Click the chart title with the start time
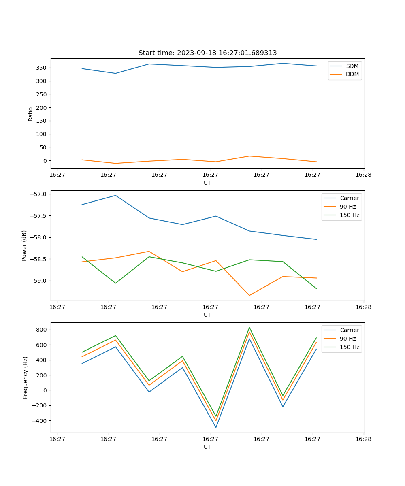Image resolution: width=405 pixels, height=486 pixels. [x=207, y=53]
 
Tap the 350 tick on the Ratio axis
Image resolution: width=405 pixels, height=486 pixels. [x=41, y=68]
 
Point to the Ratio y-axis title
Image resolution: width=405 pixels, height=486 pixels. [x=31, y=114]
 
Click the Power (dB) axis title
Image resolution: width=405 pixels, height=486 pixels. [x=24, y=245]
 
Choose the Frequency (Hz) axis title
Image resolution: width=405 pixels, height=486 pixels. [x=25, y=377]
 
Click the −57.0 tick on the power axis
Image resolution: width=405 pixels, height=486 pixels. [x=38, y=194]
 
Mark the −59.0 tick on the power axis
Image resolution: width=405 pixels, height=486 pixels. [x=38, y=281]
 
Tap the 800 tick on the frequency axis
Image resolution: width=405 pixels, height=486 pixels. [x=41, y=330]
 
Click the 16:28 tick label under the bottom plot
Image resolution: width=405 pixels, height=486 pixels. [x=363, y=439]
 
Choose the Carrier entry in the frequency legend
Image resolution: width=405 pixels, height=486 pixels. [x=349, y=330]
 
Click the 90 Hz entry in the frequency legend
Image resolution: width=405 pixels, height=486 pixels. [x=347, y=339]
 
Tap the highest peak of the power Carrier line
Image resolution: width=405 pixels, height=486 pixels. [x=115, y=195]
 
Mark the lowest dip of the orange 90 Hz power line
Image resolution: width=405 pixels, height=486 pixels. [x=249, y=295]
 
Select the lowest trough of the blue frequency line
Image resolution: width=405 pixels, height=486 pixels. [x=216, y=427]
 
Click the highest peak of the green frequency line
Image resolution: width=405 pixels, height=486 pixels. [x=249, y=328]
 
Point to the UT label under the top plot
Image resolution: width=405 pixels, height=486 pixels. [x=207, y=183]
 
